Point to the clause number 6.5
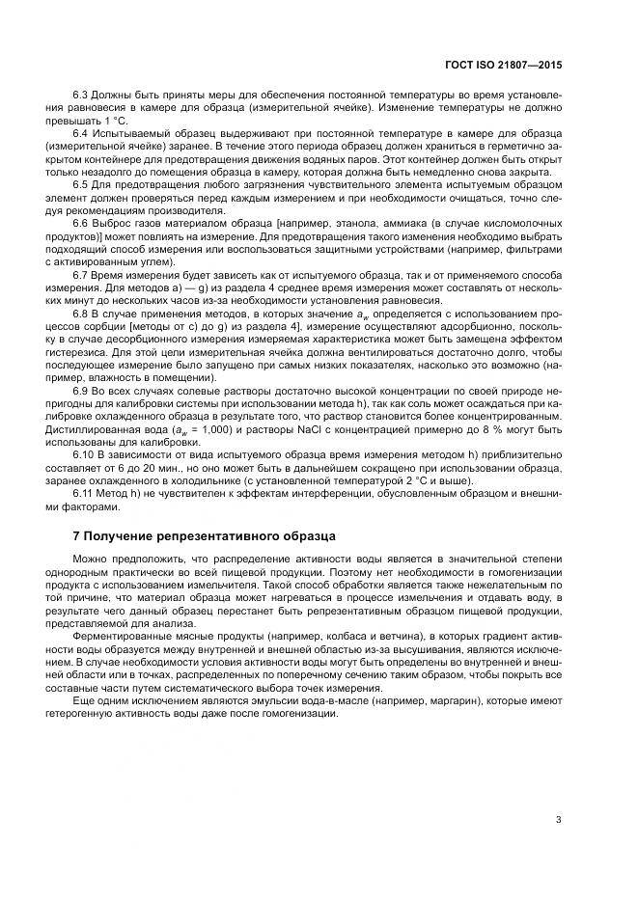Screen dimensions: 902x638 (x=82, y=183)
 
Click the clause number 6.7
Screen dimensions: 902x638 (x=82, y=275)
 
